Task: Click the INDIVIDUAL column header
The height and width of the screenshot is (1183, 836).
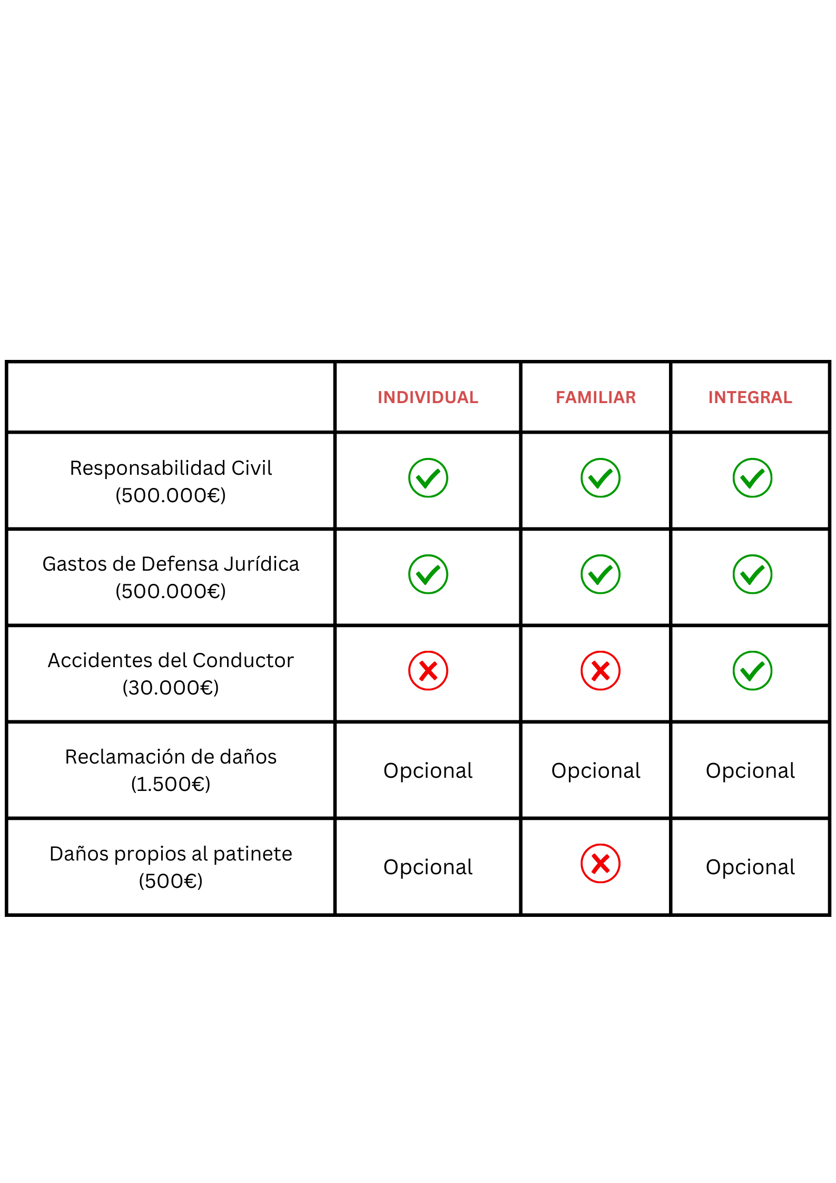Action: pyautogui.click(x=428, y=397)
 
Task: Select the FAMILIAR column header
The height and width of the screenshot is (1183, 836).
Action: pyautogui.click(x=596, y=397)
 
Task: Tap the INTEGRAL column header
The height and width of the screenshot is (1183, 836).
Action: pyautogui.click(x=750, y=397)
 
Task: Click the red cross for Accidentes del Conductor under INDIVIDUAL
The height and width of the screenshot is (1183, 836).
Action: pyautogui.click(x=428, y=671)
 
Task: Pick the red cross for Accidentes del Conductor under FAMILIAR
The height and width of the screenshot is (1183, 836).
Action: pyautogui.click(x=601, y=671)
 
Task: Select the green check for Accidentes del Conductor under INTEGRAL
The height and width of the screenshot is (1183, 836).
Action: pyautogui.click(x=753, y=671)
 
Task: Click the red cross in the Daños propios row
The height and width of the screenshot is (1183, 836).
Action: pyautogui.click(x=601, y=864)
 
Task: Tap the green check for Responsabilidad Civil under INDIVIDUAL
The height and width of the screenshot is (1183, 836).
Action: pyautogui.click(x=428, y=478)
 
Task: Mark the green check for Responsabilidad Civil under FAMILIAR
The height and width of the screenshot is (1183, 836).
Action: pyautogui.click(x=601, y=478)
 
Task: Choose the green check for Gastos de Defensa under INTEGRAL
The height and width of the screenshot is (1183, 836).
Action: pyautogui.click(x=753, y=574)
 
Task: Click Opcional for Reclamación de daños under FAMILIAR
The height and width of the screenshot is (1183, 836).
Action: pyautogui.click(x=596, y=771)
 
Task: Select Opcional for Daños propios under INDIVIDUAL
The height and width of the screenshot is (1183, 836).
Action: pyautogui.click(x=428, y=867)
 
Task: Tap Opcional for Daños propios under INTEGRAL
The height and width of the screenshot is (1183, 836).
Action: pyautogui.click(x=750, y=867)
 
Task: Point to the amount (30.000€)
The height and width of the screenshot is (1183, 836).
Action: pyautogui.click(x=171, y=687)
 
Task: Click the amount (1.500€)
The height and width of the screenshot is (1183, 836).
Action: pyautogui.click(x=171, y=784)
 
